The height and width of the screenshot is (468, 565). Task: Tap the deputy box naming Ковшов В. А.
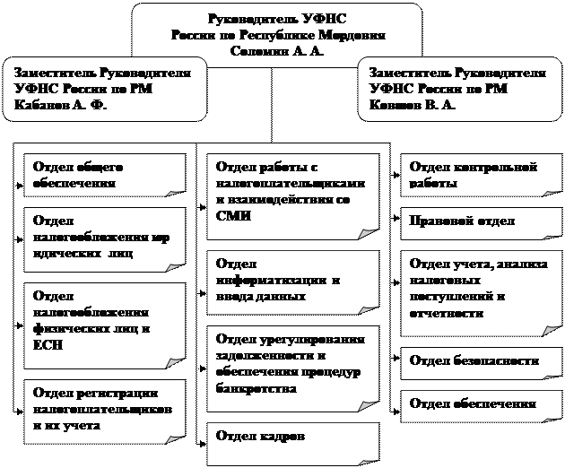[459, 89]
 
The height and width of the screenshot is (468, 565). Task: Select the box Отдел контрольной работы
[474, 175]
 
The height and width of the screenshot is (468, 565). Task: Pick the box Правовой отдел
[474, 221]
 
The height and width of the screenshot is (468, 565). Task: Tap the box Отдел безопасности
[474, 360]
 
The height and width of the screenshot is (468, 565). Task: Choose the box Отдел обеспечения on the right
[474, 404]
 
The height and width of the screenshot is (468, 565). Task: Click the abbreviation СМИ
[230, 216]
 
